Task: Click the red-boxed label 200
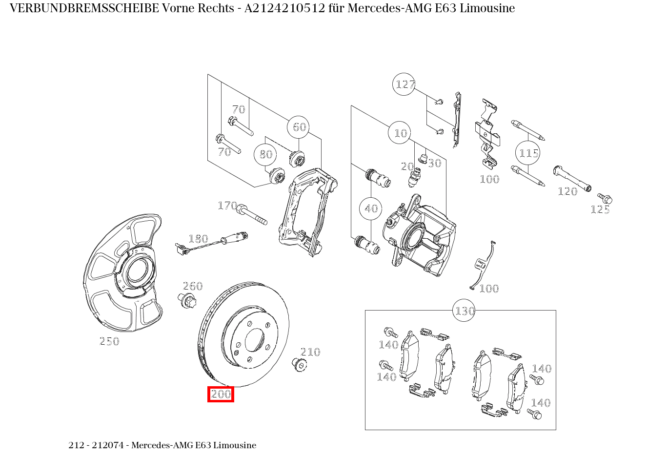(x=221, y=394)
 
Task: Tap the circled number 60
(x=299, y=127)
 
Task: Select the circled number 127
(x=404, y=84)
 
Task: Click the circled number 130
(x=465, y=311)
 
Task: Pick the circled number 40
(x=371, y=208)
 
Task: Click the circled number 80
(x=266, y=154)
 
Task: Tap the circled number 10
(x=401, y=133)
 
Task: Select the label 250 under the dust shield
(x=109, y=341)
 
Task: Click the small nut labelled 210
(x=299, y=364)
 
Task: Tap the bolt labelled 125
(x=605, y=198)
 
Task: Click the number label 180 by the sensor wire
(x=198, y=239)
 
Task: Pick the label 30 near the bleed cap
(x=434, y=163)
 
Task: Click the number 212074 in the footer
(x=108, y=445)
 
